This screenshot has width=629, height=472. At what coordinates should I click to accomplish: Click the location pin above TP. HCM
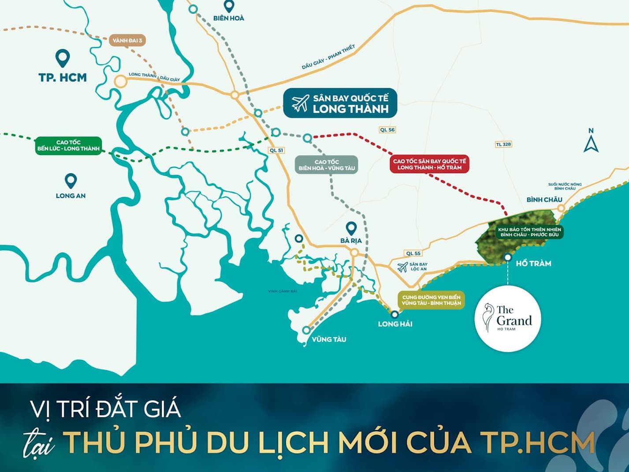tap(63, 58)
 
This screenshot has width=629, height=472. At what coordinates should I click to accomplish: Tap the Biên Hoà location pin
tap(228, 7)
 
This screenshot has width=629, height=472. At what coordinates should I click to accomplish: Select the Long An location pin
tap(71, 181)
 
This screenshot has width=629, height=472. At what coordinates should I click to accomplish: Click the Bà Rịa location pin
tap(351, 228)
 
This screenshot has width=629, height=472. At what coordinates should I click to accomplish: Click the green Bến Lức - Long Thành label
tap(68, 145)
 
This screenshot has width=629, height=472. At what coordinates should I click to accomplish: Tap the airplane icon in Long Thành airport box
tap(300, 104)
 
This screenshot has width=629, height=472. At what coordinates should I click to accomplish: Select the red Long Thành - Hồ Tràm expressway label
tap(429, 164)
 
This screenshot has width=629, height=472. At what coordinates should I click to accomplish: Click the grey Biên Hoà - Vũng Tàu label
tap(327, 165)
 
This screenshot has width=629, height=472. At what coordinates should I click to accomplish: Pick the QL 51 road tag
tap(276, 150)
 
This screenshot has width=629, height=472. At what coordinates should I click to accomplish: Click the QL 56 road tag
tap(387, 130)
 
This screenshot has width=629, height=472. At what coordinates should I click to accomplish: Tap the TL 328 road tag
tap(503, 144)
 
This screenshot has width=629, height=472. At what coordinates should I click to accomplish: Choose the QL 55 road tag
tap(413, 253)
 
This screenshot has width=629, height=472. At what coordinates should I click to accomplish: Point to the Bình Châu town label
tap(544, 200)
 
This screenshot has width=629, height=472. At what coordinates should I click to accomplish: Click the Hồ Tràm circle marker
tap(508, 257)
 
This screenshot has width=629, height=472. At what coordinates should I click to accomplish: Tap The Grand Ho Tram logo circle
tap(508, 318)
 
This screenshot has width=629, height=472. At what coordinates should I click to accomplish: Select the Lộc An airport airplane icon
tap(402, 267)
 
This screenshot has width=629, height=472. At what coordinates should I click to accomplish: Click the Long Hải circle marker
tap(395, 314)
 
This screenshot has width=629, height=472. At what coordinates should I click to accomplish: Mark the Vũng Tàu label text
tap(329, 339)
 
